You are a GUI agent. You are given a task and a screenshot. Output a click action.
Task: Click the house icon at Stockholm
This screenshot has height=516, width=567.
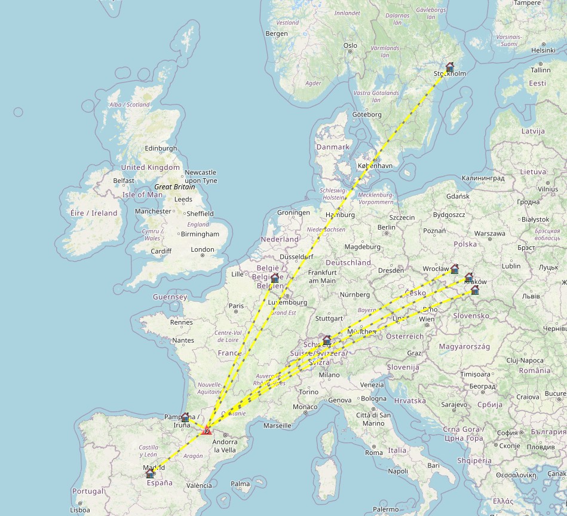click(450, 67)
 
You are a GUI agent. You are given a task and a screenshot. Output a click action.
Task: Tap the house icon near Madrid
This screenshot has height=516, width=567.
click(150, 473)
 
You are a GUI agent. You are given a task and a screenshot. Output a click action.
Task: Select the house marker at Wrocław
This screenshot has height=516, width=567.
click(455, 268)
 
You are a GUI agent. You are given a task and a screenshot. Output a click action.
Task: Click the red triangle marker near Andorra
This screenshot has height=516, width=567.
click(206, 429)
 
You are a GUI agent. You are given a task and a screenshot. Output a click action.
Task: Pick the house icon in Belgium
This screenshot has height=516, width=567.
click(275, 278)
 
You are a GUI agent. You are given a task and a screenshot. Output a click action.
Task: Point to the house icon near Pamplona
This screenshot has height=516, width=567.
click(185, 417)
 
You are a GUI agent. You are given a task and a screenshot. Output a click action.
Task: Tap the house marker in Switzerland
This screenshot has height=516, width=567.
click(327, 340)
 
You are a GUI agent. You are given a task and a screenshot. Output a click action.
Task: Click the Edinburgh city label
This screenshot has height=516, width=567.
click(161, 148)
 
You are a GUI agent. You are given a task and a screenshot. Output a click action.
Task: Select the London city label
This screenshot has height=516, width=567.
click(202, 249)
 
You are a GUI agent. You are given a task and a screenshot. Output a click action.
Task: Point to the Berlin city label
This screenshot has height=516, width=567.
click(387, 227)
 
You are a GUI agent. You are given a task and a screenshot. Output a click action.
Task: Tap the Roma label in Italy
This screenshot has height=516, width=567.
click(374, 453)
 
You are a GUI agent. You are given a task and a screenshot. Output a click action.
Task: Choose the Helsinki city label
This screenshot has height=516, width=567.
click(543, 50)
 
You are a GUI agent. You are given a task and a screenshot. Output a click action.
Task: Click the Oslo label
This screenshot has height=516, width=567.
click(350, 45)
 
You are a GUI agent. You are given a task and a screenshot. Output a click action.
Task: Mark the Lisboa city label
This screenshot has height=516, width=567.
click(79, 510)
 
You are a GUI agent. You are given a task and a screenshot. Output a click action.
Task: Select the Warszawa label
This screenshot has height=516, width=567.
click(489, 233)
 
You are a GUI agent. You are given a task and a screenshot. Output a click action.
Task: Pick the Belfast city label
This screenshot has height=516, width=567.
click(124, 181)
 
